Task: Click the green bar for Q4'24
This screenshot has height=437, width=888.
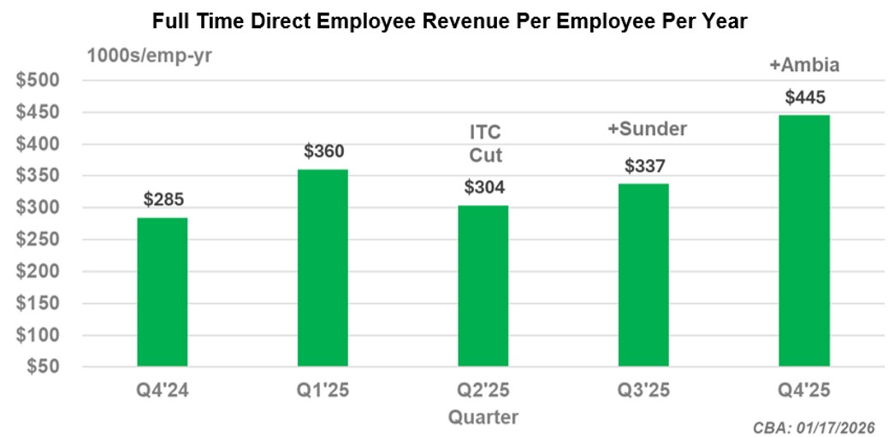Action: (162, 292)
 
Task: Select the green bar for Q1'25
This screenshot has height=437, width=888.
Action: (323, 268)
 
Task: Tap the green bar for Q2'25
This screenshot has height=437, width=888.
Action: (483, 286)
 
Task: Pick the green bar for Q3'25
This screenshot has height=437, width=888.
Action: (643, 275)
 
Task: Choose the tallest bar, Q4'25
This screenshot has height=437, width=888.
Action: (804, 240)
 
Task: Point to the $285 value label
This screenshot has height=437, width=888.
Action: (163, 200)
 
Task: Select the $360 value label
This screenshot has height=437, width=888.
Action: (323, 152)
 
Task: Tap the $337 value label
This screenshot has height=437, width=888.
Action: (643, 166)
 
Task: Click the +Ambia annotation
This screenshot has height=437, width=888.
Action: (804, 65)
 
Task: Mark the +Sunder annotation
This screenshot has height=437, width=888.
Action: (647, 129)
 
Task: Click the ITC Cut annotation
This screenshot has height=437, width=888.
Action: (484, 145)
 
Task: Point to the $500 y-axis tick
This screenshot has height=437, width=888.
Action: (40, 81)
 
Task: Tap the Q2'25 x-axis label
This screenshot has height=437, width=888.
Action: (483, 391)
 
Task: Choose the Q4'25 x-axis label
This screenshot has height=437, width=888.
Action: (804, 391)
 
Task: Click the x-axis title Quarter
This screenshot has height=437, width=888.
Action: (483, 416)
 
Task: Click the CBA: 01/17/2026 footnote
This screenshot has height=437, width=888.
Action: (814, 427)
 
